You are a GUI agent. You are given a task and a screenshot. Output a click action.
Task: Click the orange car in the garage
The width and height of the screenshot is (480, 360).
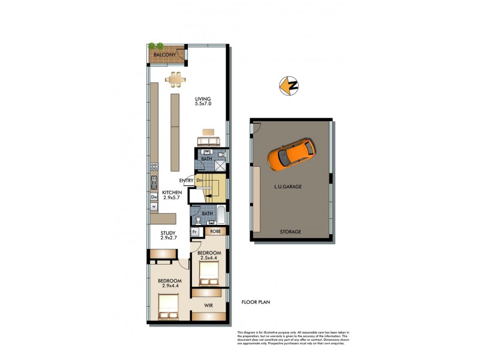pos(291,154)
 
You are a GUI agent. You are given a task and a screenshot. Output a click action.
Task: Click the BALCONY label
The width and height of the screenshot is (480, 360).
pos(164,55)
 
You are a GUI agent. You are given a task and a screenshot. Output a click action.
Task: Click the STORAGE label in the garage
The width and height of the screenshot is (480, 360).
pos(290,232)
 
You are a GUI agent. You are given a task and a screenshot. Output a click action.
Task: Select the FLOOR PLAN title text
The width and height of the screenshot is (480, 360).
pos(256,302)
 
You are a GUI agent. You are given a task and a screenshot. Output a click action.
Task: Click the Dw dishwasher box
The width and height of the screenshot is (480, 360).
pos(154,196)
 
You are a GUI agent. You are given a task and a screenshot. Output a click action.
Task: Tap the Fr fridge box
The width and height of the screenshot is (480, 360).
pos(195,231)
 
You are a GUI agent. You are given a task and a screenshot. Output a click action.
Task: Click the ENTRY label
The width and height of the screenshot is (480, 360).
pos(186,181)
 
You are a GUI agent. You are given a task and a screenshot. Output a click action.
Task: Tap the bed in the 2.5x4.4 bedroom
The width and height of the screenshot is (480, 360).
pos(208,275)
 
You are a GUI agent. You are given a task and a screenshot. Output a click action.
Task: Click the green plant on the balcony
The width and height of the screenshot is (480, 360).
pos(157,46)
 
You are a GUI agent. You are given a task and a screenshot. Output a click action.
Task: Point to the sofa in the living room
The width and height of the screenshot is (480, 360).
pos(208,140)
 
